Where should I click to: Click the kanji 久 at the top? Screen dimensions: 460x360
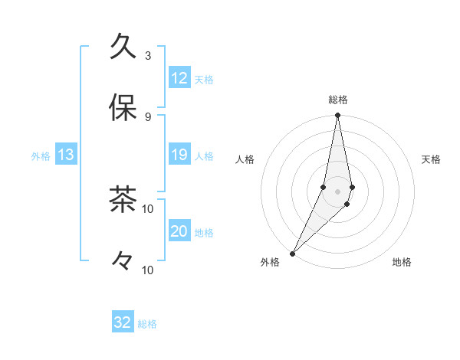[x=123, y=47]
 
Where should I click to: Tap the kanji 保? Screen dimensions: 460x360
[x=123, y=108]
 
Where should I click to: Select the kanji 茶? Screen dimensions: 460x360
[x=123, y=200]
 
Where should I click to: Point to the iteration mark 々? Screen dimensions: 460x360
[x=123, y=261]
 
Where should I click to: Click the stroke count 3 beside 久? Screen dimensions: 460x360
[x=148, y=55]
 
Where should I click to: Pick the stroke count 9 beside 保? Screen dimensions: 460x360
[x=148, y=116]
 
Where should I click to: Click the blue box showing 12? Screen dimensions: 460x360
[x=179, y=78]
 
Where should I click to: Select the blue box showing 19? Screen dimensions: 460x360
[x=179, y=155]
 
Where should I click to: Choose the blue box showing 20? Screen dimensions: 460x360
[x=179, y=231]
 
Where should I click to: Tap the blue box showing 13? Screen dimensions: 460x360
[x=66, y=155]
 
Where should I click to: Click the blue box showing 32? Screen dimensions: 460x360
[x=123, y=322]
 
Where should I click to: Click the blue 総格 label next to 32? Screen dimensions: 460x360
[x=147, y=324]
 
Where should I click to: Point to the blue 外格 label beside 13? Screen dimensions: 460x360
[x=41, y=156]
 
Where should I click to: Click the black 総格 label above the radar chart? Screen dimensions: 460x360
[x=338, y=100]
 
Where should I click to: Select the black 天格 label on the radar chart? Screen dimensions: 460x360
[x=432, y=159]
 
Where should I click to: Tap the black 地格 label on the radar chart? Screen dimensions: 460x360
[x=402, y=262]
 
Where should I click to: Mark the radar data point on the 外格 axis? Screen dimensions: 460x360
[x=292, y=253]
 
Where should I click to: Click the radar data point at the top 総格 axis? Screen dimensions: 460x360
[x=337, y=116]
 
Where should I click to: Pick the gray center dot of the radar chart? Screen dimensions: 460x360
[x=337, y=191]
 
